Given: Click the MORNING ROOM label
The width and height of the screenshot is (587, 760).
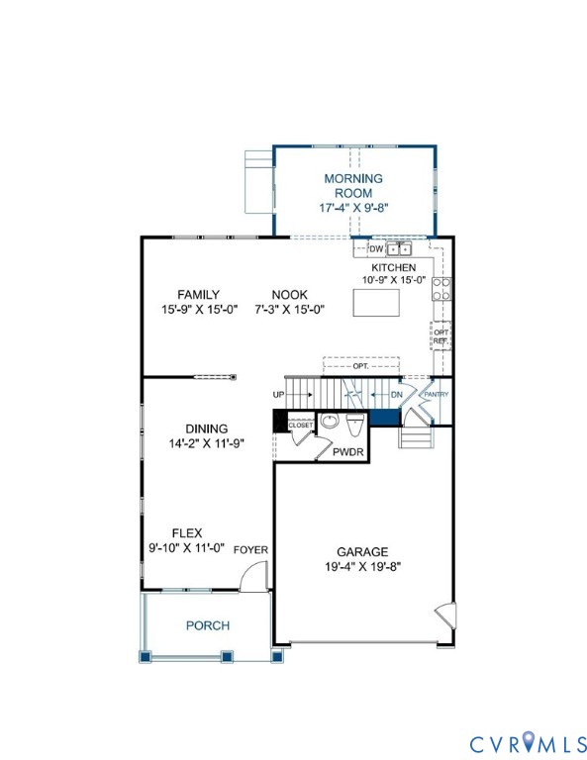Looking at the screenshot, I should (353, 186).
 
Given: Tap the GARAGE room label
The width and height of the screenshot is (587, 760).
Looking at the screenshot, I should (361, 551).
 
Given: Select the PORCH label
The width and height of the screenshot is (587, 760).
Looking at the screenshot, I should (207, 625).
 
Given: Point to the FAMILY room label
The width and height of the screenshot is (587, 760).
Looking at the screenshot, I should (198, 295).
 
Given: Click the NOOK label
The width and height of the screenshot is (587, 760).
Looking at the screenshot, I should (290, 295).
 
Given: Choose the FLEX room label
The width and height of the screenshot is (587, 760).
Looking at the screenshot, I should (186, 532).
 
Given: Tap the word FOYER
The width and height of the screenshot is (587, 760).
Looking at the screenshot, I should (250, 549).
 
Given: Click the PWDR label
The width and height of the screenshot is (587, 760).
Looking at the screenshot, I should (346, 451).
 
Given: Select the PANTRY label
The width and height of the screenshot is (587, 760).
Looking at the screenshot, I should (436, 395).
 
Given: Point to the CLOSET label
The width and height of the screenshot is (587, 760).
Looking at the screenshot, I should (301, 425).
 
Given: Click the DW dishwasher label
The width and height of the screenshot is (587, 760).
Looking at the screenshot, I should (375, 249).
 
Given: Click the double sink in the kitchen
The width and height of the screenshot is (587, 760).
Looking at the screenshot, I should (399, 249).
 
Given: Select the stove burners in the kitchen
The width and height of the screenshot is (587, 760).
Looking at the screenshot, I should (441, 288).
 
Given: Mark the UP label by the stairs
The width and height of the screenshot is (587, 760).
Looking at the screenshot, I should (279, 395).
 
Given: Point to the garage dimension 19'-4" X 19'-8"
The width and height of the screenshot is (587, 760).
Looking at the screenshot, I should (361, 567).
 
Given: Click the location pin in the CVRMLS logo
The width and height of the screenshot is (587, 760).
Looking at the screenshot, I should (527, 740).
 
